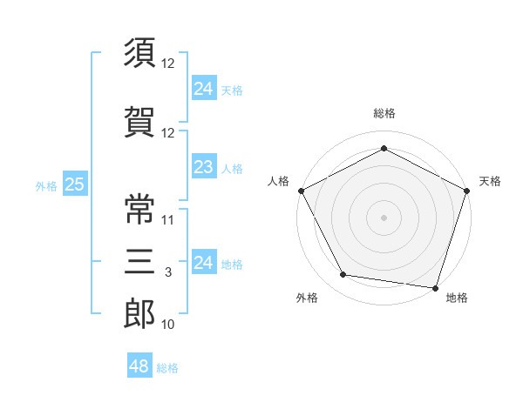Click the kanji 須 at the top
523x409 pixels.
[x=139, y=52]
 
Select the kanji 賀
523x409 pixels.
[x=139, y=122]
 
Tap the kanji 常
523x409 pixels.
[x=139, y=209]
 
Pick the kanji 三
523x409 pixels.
[x=139, y=261]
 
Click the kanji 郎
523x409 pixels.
[x=139, y=313]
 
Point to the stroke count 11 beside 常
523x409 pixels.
[x=167, y=220]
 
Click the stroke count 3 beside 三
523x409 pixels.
[x=168, y=272]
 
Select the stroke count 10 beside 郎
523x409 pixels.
[x=167, y=324]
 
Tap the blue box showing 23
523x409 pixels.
[x=204, y=166]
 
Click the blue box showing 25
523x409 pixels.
[x=75, y=184]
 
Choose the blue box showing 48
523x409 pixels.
[x=139, y=365]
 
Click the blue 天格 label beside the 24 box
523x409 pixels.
[x=232, y=91]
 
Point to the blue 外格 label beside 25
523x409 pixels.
[x=46, y=186]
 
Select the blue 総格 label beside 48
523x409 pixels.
[x=167, y=368]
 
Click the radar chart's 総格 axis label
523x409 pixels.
[x=384, y=113]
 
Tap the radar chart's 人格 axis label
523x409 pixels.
[x=278, y=181]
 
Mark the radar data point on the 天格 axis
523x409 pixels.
[x=467, y=191]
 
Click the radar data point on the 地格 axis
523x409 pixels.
[x=435, y=288]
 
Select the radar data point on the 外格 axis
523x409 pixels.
[x=343, y=274]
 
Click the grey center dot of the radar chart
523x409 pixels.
[x=384, y=218]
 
